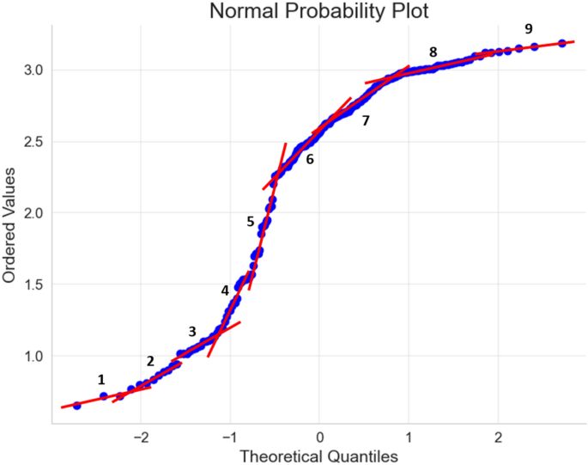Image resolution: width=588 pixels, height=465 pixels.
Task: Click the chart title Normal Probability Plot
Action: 318,12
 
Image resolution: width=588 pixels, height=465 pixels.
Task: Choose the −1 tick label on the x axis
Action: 230,436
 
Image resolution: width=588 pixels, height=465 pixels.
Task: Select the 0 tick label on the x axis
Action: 319,436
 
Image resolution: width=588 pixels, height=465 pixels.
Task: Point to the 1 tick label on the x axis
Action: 409,436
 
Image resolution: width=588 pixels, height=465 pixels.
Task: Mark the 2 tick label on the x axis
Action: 498,436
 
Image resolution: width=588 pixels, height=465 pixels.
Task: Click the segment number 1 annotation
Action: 101,379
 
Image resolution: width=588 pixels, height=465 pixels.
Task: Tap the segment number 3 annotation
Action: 191,332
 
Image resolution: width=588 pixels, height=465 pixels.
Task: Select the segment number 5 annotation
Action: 251,221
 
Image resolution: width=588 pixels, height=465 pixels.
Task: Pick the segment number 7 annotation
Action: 366,121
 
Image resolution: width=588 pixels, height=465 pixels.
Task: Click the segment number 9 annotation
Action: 529,29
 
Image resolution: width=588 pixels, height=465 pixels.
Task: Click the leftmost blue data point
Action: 76,405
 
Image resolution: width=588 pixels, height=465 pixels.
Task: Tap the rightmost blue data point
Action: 561,43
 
